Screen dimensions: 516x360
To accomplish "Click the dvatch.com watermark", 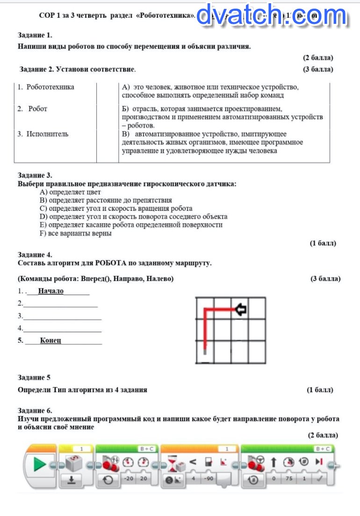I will click(x=271, y=15).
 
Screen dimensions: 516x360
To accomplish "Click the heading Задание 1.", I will click(x=35, y=35).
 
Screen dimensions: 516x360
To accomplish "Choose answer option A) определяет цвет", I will click(x=71, y=192).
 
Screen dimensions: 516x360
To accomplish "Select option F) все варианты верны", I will click(x=76, y=233).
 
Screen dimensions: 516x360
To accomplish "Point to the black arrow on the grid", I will click(x=241, y=309).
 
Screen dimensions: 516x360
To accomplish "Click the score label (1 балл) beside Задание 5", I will click(x=320, y=390).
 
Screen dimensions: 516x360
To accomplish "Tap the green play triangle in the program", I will click(x=40, y=465).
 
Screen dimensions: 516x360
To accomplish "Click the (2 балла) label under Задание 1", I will click(x=318, y=58).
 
